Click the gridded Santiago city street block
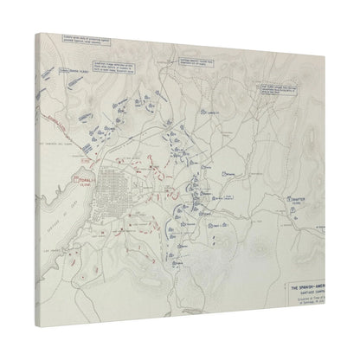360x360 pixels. tap(112, 192)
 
